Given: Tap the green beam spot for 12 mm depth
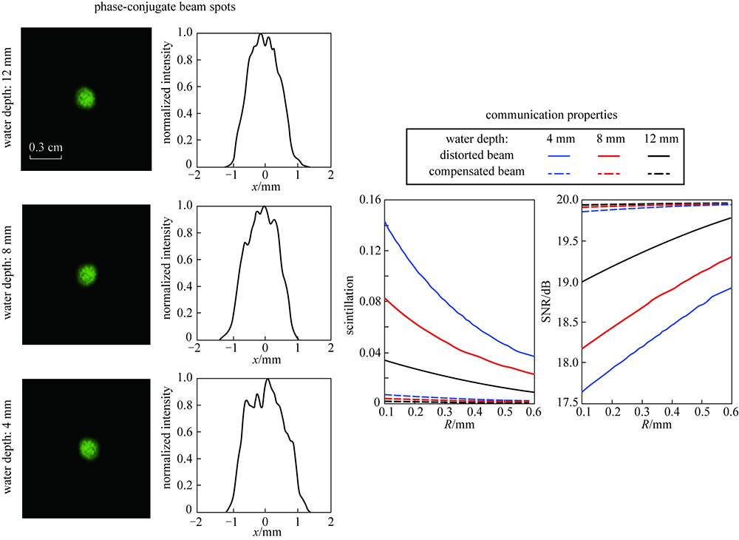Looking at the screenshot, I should coord(86,97).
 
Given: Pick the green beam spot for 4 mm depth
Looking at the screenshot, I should coord(89,448).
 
